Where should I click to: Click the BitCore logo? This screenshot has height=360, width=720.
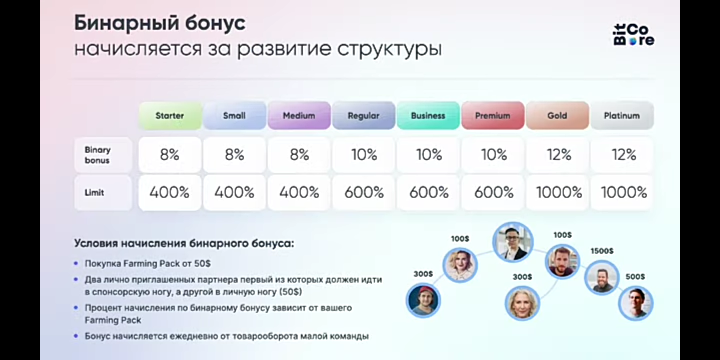pyautogui.click(x=633, y=35)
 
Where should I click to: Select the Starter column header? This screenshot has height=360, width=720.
pyautogui.click(x=170, y=115)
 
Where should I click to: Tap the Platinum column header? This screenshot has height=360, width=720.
pyautogui.click(x=622, y=115)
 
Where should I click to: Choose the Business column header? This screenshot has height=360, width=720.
pyautogui.click(x=428, y=115)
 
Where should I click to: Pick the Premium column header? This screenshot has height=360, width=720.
pyautogui.click(x=492, y=115)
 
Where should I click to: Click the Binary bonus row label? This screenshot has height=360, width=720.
pyautogui.click(x=98, y=155)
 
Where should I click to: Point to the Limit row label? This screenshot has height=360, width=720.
pyautogui.click(x=95, y=192)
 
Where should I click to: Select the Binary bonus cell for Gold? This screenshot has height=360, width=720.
pyautogui.click(x=558, y=155)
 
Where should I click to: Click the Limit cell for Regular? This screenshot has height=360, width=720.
pyautogui.click(x=364, y=192)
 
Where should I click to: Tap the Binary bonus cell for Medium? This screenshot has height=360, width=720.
pyautogui.click(x=299, y=155)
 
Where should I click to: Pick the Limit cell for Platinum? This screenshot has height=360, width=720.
pyautogui.click(x=623, y=192)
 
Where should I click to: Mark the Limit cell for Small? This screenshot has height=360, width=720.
pyautogui.click(x=234, y=192)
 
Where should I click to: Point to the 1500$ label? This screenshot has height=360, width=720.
pyautogui.click(x=602, y=251)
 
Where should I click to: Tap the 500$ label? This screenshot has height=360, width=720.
pyautogui.click(x=635, y=276)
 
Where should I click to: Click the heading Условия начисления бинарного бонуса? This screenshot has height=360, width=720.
pyautogui.click(x=184, y=243)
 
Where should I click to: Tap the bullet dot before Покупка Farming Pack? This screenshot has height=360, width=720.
pyautogui.click(x=76, y=263)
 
